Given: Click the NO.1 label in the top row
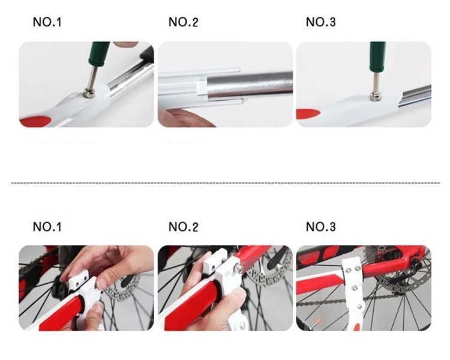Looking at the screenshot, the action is tap(47, 22).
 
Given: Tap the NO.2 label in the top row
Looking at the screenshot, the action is tap(184, 22).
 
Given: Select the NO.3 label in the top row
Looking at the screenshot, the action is tap(320, 22).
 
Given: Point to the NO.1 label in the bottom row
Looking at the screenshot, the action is tap(47, 227).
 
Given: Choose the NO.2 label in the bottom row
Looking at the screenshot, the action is tap(184, 227).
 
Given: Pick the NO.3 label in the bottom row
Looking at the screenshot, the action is tap(320, 227).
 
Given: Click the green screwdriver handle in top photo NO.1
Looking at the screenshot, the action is tap(99, 53).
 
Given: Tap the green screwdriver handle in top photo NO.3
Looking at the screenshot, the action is tap(377, 56).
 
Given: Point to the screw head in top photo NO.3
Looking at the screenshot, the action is tap(374, 97).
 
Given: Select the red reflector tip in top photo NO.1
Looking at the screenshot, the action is tap(35, 121).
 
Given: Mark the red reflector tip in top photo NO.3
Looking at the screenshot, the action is tap(308, 114).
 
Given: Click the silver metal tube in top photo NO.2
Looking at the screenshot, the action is tap(250, 85).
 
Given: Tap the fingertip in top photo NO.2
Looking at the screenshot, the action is tap(184, 118).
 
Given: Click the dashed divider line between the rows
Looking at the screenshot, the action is tap(225, 183).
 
